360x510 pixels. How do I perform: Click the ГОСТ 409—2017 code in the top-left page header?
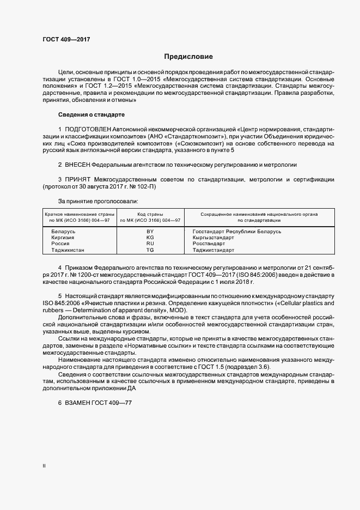[x=66, y=40]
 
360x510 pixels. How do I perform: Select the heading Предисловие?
[x=188, y=56]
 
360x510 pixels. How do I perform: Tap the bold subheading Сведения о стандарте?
[x=91, y=115]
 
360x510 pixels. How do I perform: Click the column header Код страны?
[x=150, y=215]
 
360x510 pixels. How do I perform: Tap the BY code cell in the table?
[x=150, y=232]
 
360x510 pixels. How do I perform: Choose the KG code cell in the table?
[x=150, y=238]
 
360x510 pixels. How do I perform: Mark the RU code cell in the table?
[x=150, y=244]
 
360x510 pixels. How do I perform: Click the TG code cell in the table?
[x=150, y=250]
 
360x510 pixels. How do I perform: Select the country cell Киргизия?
[x=63, y=238]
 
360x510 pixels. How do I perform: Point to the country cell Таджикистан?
[x=68, y=250]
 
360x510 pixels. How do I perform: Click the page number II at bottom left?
[x=45, y=466]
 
